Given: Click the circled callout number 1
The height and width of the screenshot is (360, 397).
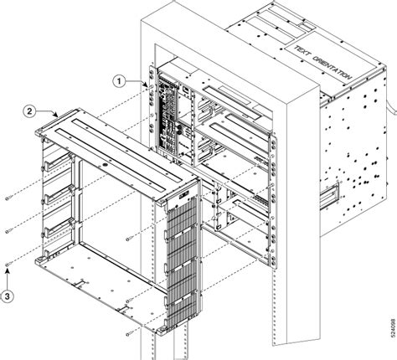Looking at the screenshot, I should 120,80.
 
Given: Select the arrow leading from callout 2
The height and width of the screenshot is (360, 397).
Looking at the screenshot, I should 45,111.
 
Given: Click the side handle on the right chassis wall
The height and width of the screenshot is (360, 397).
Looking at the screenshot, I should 333,192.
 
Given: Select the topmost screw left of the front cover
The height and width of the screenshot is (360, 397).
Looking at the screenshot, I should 8,199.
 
